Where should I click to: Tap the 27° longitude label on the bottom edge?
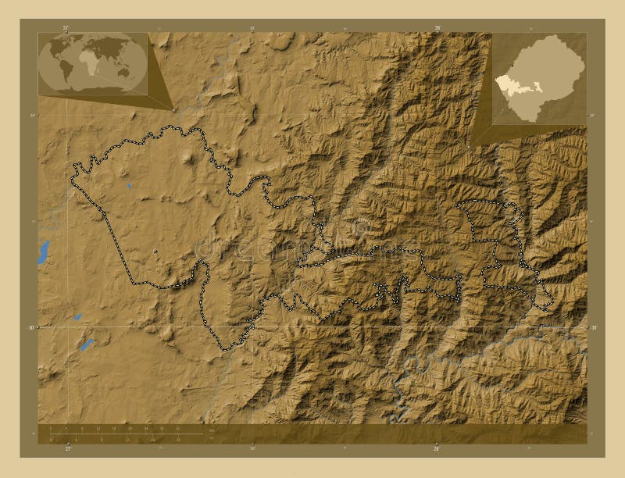(x=67, y=449)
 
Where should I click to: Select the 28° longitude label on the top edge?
(x=437, y=27)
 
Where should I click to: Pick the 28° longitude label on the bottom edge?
(x=437, y=449)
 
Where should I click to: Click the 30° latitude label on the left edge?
(x=32, y=327)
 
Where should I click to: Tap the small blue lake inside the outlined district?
(x=129, y=186)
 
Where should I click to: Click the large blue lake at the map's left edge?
(x=44, y=251)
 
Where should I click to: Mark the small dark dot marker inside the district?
(x=156, y=251)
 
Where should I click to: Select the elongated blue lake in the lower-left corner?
(x=86, y=344)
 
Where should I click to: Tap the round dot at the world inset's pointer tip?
(x=173, y=109)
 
